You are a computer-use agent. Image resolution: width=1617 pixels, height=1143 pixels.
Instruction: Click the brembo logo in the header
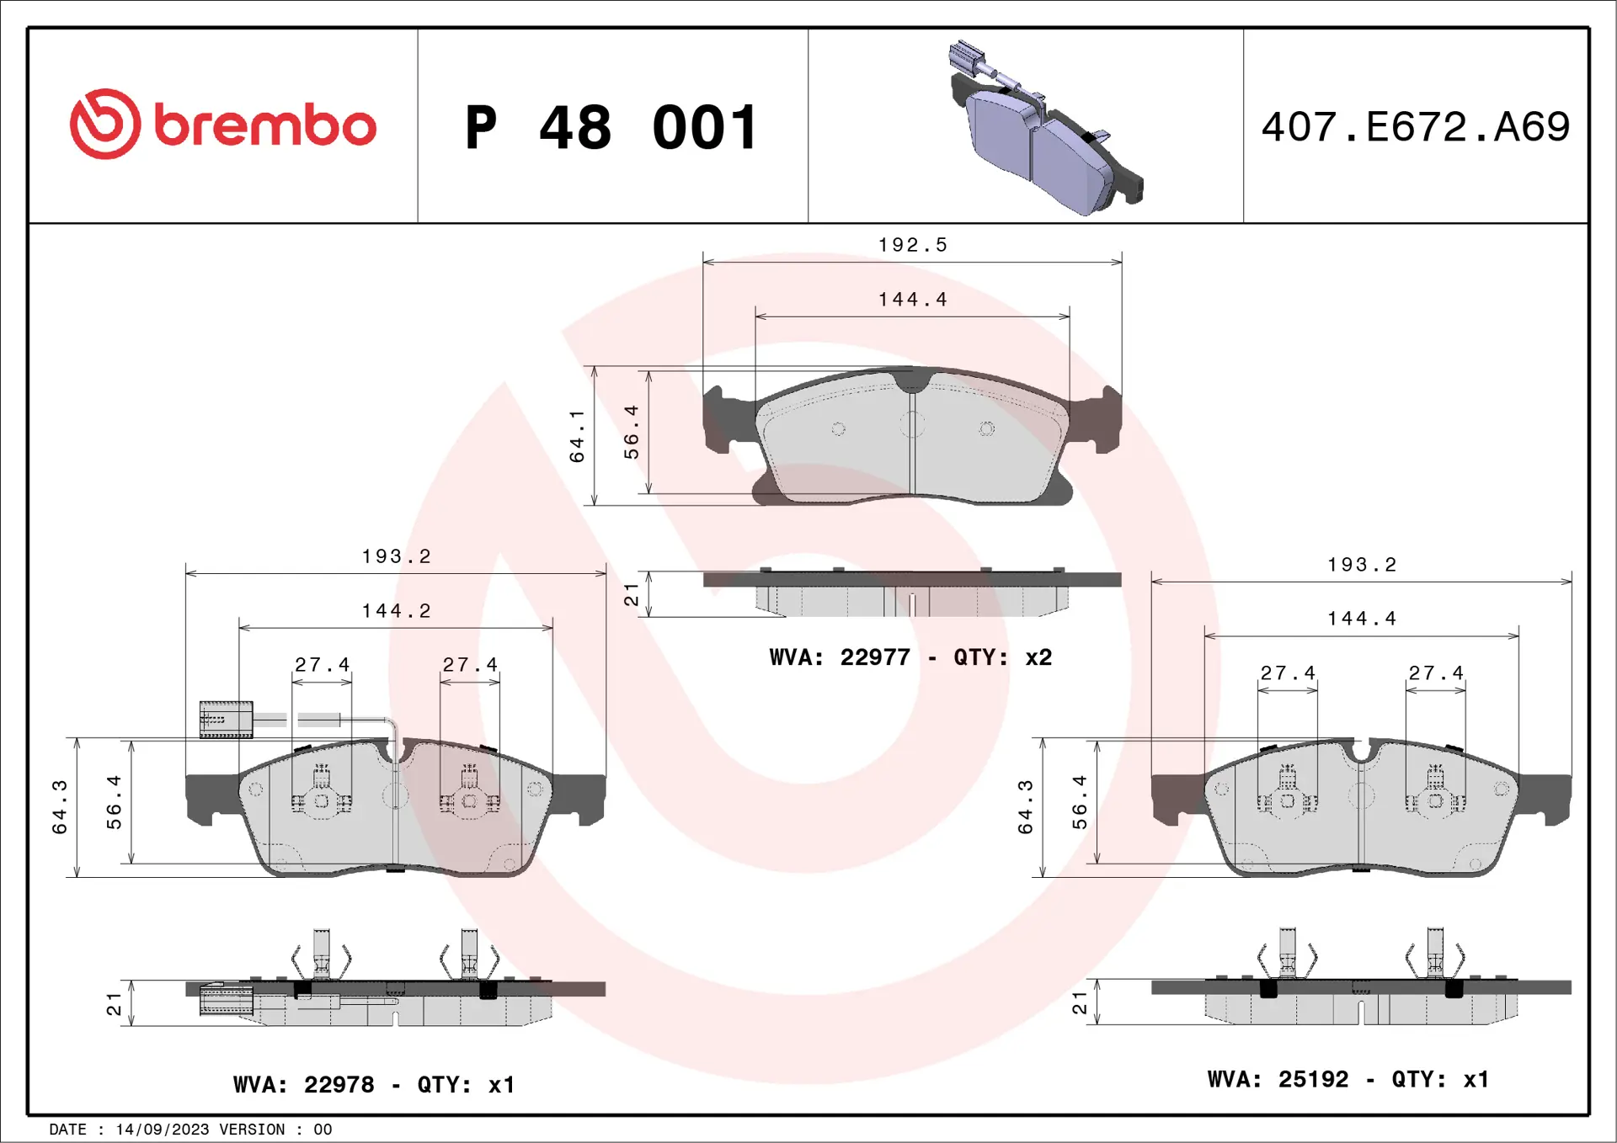[x=222, y=125]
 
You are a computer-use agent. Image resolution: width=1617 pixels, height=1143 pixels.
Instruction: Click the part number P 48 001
[x=612, y=128]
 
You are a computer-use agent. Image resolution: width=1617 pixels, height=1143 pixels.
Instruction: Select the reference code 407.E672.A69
[x=1415, y=127]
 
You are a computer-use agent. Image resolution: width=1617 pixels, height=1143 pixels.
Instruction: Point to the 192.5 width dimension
[x=912, y=245]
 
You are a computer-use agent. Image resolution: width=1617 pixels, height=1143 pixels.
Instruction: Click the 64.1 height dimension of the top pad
[x=577, y=436]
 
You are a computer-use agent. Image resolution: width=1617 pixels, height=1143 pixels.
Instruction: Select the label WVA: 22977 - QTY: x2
[x=910, y=657]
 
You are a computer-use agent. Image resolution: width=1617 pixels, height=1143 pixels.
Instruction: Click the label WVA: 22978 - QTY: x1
[x=374, y=1084]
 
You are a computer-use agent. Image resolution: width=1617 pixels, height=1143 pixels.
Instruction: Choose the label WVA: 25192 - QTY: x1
[x=1347, y=1079]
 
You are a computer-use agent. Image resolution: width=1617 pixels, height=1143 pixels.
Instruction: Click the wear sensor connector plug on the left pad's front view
[x=226, y=720]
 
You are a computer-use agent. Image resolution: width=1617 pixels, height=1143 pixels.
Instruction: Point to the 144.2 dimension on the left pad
[x=396, y=611]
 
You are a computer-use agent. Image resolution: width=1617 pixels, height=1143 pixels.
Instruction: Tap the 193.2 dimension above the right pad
[x=1362, y=565]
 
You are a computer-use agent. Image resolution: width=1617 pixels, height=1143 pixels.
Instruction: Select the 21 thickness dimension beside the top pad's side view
[x=631, y=595]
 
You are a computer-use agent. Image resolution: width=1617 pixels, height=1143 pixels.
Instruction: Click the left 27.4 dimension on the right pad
[x=1287, y=673]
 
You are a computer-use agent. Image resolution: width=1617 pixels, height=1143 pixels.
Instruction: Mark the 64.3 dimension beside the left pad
[x=60, y=806]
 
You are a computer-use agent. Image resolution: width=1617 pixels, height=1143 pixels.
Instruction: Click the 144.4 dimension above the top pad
[x=912, y=300]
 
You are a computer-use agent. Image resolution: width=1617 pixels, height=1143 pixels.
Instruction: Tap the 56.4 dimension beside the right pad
[x=1080, y=802]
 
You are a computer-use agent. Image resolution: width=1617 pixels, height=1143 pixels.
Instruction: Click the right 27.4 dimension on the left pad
[x=470, y=665]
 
